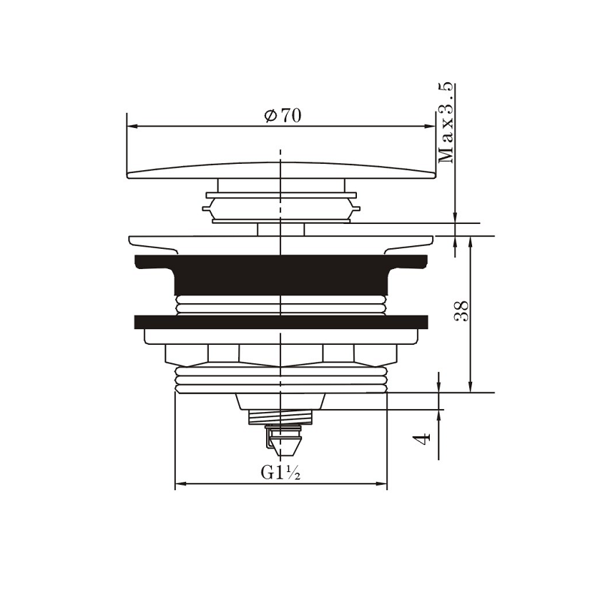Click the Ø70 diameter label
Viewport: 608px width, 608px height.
coord(283,116)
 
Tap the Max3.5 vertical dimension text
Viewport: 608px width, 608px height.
coord(446,123)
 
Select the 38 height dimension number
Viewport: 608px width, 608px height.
coord(461,311)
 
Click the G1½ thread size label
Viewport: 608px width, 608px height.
coord(280,472)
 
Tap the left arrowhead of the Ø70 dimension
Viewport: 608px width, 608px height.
coord(133,126)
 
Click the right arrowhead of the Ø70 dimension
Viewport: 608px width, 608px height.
coord(430,126)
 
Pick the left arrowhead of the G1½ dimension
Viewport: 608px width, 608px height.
coord(181,484)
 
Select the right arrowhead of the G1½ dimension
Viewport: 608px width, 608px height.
coord(381,484)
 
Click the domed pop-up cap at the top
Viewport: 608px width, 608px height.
coord(281,171)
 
